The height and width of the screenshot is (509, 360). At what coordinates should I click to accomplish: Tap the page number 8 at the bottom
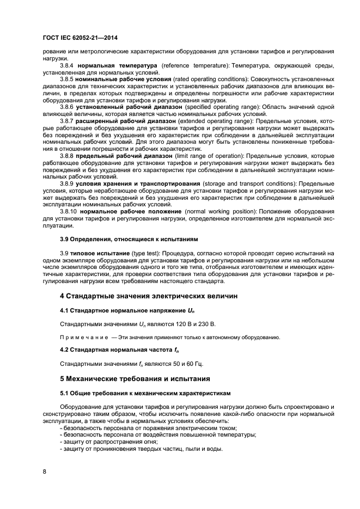44,471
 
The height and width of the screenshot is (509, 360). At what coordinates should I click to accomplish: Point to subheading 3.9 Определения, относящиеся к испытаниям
129,239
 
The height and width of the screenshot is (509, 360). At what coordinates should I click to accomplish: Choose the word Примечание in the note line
82,338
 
